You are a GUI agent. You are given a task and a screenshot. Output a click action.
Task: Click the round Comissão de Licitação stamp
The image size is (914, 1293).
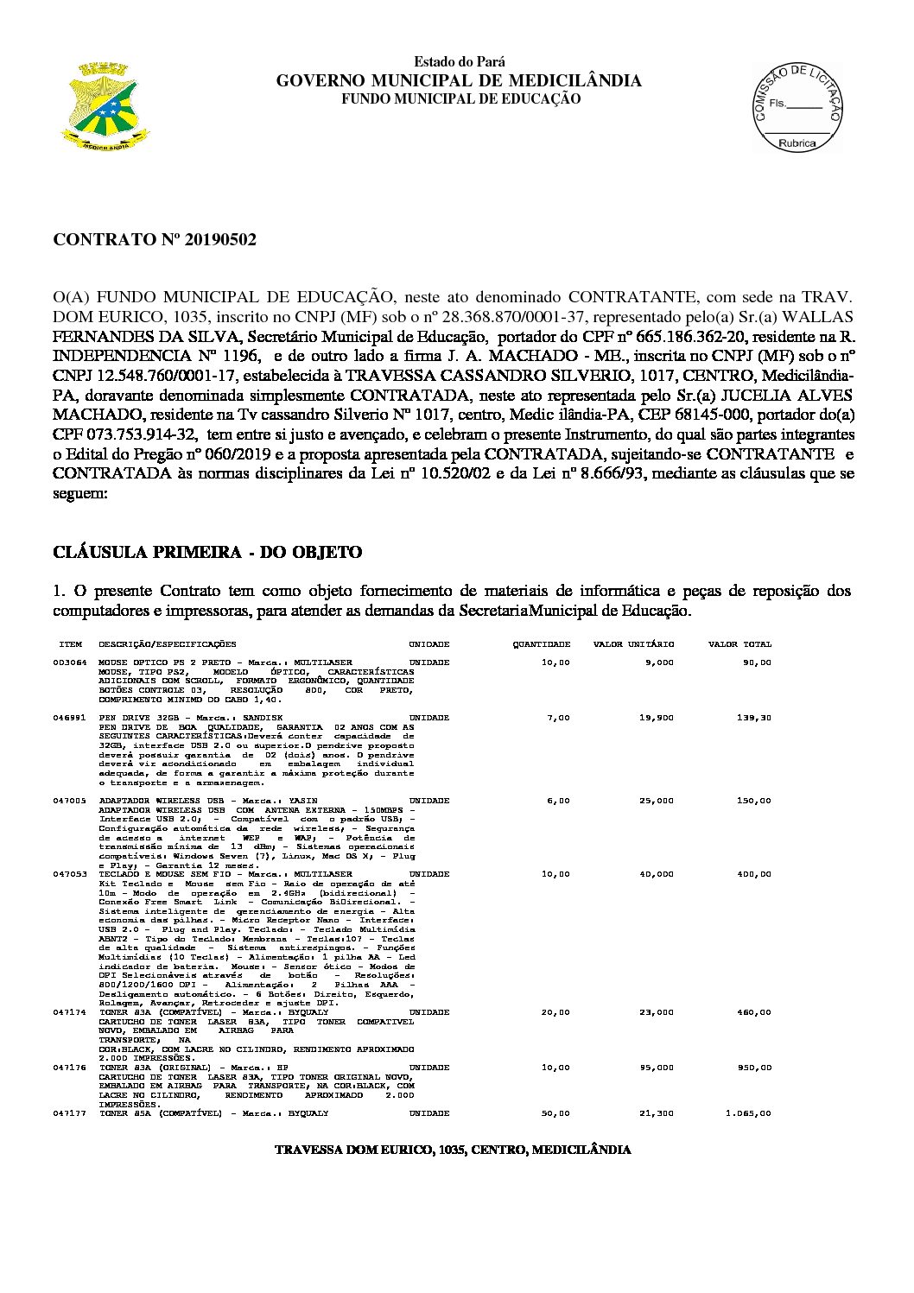pyautogui.click(x=797, y=106)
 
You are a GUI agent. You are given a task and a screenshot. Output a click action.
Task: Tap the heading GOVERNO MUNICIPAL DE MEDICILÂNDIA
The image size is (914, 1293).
pyautogui.click(x=459, y=81)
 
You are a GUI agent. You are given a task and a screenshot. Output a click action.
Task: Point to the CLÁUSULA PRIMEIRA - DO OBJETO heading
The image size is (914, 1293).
pyautogui.click(x=207, y=553)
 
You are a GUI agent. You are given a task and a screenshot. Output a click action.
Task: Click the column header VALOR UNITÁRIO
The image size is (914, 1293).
pyautogui.click(x=633, y=644)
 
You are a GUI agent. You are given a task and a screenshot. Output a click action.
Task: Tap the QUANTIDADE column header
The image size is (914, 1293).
pyautogui.click(x=542, y=644)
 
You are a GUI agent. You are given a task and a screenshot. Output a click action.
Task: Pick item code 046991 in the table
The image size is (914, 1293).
pyautogui.click(x=69, y=718)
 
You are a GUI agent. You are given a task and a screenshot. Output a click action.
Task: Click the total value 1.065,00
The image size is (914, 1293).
pyautogui.click(x=749, y=1113)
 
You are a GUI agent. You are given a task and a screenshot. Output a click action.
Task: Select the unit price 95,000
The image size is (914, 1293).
pyautogui.click(x=657, y=1068)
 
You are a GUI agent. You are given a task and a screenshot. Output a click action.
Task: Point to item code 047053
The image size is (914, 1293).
pyautogui.click(x=69, y=874)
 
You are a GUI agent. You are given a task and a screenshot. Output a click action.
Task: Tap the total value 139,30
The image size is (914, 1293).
pyautogui.click(x=753, y=718)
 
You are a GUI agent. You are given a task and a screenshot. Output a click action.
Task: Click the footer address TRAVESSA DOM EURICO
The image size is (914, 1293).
pyautogui.click(x=452, y=1150)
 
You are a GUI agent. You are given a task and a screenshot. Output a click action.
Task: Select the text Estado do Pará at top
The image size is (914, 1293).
pyautogui.click(x=460, y=62)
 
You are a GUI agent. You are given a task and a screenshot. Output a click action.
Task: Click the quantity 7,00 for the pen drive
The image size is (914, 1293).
pyautogui.click(x=559, y=718)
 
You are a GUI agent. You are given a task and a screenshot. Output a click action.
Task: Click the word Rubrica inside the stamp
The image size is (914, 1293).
pyautogui.click(x=797, y=143)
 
